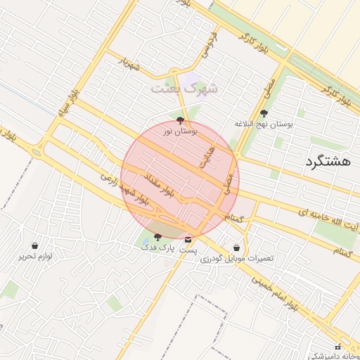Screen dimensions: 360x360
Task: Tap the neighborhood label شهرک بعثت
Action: coord(184,89)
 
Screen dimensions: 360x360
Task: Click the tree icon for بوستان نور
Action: coord(180,120)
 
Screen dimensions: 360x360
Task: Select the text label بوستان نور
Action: coord(181,131)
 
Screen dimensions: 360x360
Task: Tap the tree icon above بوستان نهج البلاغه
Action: coord(264,113)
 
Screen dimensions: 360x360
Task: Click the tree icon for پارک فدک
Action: coord(157,237)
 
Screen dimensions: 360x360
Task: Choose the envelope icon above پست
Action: coord(188,239)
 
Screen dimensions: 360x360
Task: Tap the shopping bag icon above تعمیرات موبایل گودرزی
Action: coord(236,247)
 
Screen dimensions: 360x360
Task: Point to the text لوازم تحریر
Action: coord(37,257)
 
